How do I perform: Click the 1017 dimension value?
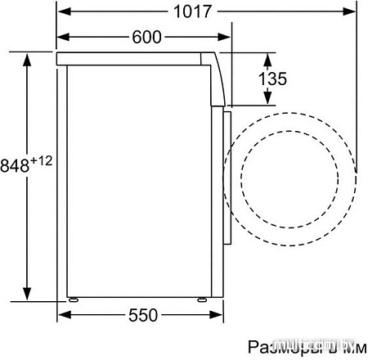[193, 11]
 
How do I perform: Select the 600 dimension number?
[145, 37]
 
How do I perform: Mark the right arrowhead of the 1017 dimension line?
[352, 11]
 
